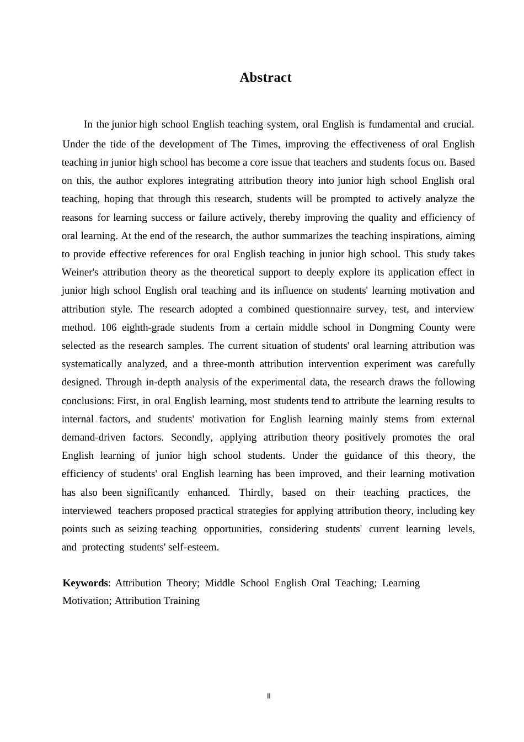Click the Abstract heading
point(265,78)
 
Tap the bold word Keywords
point(85,583)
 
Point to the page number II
point(269,696)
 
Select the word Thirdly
point(255,492)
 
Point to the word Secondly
point(191,437)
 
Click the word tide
point(118,144)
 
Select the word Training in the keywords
point(179,601)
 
